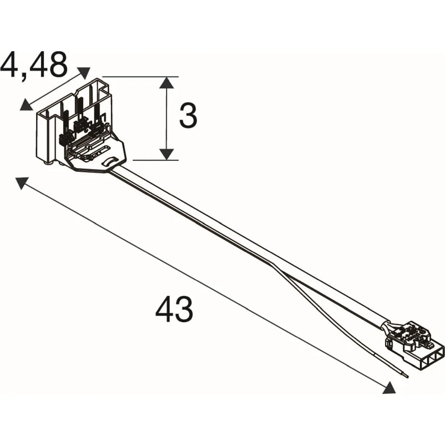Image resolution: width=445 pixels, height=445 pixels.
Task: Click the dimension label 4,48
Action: (34, 65)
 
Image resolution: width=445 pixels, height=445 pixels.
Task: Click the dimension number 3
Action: (188, 115)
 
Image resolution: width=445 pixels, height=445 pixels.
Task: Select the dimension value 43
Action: (174, 309)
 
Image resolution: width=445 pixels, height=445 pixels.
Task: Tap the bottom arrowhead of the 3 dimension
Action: (166, 154)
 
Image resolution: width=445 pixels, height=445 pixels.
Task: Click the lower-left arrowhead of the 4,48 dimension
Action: (26, 105)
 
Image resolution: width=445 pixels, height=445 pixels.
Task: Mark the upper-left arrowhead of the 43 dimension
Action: (22, 183)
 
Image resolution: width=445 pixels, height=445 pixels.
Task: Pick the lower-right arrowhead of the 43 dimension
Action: (389, 388)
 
